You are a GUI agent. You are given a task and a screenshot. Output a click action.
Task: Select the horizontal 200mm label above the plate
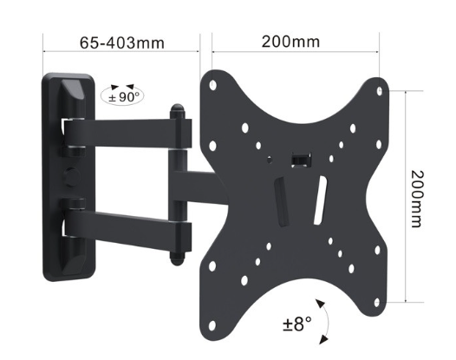[290, 41]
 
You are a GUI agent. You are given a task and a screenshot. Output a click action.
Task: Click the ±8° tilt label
[297, 325]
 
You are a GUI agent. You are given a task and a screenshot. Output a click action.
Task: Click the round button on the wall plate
[68, 172]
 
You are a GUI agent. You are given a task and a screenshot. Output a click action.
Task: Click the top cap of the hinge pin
[177, 111]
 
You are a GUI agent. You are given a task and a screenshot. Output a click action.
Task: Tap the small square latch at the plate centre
[300, 159]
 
